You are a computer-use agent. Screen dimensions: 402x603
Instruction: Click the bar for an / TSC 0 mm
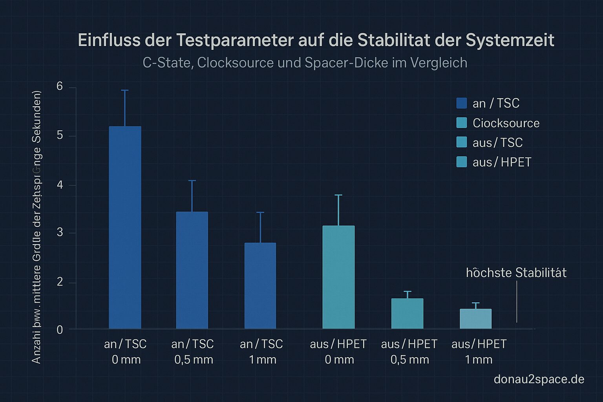point(125,228)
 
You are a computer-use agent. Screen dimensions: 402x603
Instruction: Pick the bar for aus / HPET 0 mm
point(338,277)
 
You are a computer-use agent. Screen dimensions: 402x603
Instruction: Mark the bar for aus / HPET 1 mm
point(475,319)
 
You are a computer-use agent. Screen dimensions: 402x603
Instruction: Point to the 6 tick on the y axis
point(60,86)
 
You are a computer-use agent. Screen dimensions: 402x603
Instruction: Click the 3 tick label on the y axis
point(60,232)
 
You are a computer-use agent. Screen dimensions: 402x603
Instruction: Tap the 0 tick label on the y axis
point(60,330)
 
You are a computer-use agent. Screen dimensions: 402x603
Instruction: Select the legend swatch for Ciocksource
point(462,123)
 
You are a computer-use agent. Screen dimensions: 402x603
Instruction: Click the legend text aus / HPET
point(502,162)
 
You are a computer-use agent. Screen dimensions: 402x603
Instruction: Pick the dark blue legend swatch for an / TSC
point(462,103)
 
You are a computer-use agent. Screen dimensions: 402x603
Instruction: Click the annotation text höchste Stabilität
point(516,273)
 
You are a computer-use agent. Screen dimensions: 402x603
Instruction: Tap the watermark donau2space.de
point(539,379)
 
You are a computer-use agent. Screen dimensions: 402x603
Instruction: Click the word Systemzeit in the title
point(510,40)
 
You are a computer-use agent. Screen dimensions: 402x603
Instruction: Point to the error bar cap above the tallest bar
point(125,90)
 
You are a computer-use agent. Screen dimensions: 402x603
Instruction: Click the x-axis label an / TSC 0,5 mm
point(193,352)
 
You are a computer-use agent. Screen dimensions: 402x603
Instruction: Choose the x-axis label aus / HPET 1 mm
point(479,352)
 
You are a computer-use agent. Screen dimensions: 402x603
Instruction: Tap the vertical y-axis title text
point(37,228)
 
